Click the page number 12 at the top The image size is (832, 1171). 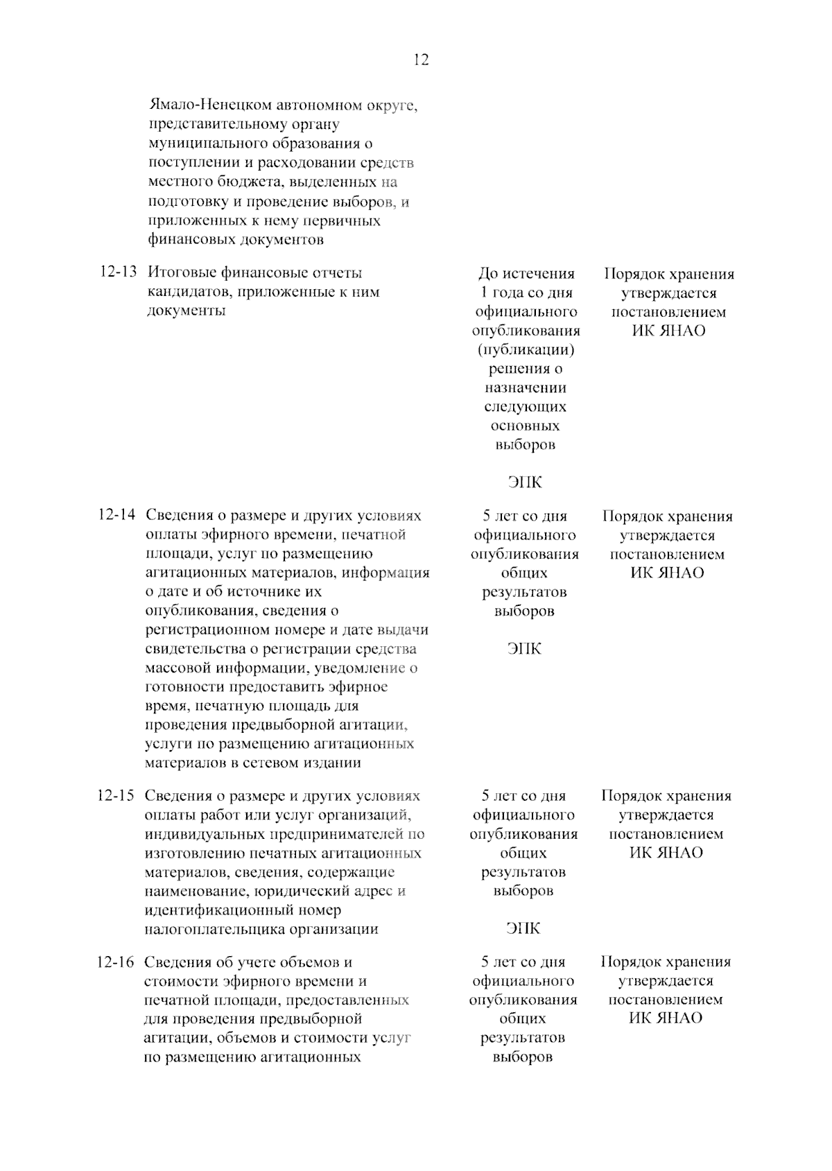pos(421,60)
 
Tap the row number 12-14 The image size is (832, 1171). pos(117,516)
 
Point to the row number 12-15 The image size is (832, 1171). pos(116,796)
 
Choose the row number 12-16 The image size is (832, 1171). pos(116,962)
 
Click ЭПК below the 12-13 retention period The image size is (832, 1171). pos(525,483)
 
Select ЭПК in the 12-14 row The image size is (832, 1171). pos(524,649)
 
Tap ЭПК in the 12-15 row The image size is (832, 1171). pos(523,928)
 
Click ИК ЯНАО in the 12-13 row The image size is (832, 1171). pos(668,331)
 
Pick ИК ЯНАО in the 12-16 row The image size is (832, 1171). pos(666,1018)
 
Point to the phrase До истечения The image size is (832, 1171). pos(527,274)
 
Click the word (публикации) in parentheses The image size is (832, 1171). pos(526,349)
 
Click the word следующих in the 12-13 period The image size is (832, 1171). pos(526,406)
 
